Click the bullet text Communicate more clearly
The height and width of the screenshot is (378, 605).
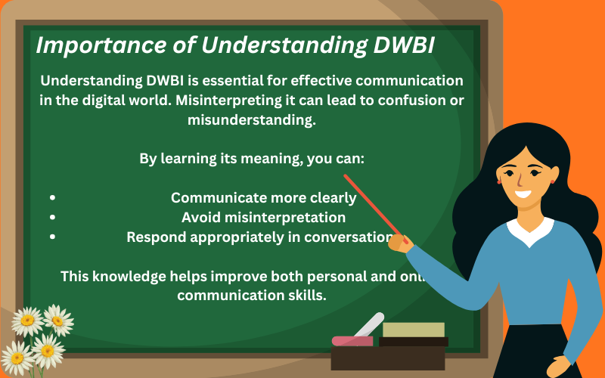pyautogui.click(x=263, y=198)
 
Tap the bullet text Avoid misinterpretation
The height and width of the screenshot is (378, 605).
pyautogui.click(x=263, y=218)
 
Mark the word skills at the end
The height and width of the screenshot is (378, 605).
pyautogui.click(x=307, y=296)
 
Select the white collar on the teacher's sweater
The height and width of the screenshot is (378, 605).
pyautogui.click(x=529, y=230)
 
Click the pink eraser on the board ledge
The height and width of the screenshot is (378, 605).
pyautogui.click(x=352, y=341)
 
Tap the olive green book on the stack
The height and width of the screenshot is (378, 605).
pyautogui.click(x=413, y=330)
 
